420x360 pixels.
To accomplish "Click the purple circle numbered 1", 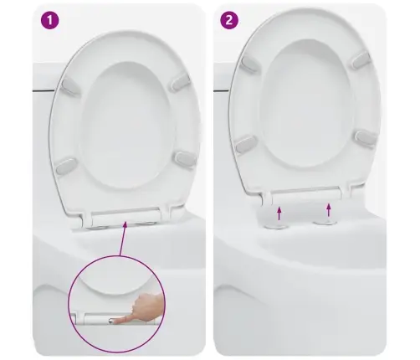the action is click(50, 20).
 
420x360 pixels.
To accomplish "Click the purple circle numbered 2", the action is click(229, 20).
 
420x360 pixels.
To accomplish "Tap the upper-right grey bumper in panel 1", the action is click(180, 82).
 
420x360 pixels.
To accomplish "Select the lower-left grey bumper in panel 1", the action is click(66, 166).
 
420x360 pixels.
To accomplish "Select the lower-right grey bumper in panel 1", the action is click(185, 159).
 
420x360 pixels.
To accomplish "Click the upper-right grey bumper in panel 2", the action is click(361, 60).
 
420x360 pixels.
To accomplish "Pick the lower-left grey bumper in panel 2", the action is click(246, 144).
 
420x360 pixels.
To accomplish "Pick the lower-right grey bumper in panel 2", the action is click(366, 137).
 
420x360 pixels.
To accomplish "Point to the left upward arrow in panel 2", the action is click(279, 213).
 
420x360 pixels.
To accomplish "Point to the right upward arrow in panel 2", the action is click(329, 210).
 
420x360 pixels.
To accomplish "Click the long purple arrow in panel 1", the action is click(123, 239).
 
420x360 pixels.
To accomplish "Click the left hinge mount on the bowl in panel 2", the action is click(273, 225).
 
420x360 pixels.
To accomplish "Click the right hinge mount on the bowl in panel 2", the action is click(325, 222).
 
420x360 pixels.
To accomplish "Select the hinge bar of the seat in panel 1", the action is click(125, 217).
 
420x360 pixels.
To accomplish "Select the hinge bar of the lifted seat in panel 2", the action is click(306, 193).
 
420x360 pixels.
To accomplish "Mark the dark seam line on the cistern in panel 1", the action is click(44, 90).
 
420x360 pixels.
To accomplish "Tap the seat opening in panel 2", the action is click(306, 105).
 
